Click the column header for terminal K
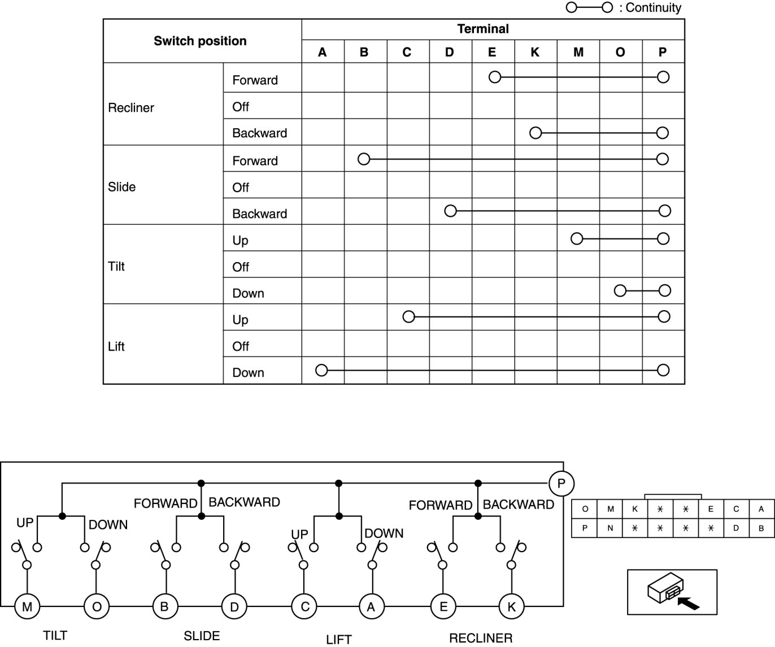point(535,52)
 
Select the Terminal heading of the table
point(483,29)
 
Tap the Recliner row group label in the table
point(131,107)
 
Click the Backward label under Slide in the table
point(259,214)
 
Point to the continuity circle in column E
point(495,77)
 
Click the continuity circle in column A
point(321,371)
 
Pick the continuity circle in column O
point(620,291)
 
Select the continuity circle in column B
point(364,159)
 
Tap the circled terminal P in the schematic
point(561,484)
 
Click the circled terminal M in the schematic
point(27,607)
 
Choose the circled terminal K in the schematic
point(512,607)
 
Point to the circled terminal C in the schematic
point(304,607)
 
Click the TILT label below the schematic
point(55,636)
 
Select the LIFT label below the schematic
point(339,639)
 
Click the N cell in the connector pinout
point(610,528)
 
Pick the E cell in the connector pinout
point(711,509)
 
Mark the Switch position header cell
point(201,41)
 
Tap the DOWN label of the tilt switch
point(108,524)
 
